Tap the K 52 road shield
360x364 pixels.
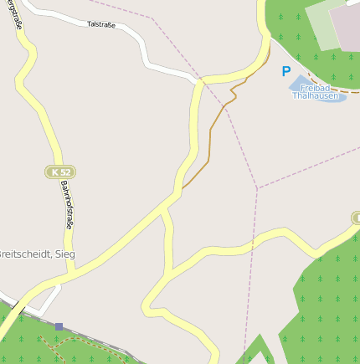tap(60, 172)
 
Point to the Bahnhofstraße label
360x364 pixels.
tap(66, 207)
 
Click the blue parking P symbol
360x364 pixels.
tap(286, 73)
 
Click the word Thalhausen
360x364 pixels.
tap(316, 95)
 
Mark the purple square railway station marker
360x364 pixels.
tap(59, 326)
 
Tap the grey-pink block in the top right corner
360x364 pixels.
tap(347, 25)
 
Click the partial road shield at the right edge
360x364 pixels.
tap(356, 218)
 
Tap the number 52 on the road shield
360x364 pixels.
tap(65, 172)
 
